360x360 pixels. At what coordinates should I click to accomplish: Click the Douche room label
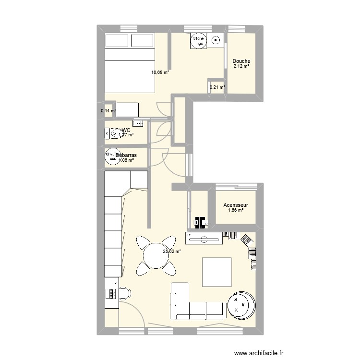point(241,61)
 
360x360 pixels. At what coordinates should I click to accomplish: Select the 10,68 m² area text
point(160,72)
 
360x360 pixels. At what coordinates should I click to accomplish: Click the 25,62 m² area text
point(172,251)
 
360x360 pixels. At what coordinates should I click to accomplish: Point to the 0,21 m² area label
point(217,87)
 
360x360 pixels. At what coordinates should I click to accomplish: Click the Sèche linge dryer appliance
point(199,41)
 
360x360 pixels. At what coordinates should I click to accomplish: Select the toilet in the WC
point(115,133)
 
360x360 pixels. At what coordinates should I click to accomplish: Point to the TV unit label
point(189,235)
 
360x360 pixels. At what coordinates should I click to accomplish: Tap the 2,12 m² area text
point(241,67)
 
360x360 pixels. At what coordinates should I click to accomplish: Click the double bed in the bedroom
point(130,62)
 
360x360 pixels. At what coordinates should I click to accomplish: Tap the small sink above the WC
point(139,123)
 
